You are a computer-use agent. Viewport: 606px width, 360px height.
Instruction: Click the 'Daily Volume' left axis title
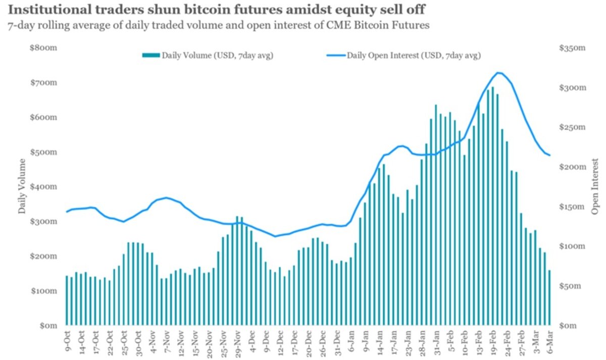click(22, 186)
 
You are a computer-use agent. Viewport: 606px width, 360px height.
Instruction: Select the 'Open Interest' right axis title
click(595, 186)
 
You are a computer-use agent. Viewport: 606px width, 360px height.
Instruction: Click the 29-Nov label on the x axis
click(237, 342)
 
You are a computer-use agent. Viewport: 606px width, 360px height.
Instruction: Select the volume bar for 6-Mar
click(549, 297)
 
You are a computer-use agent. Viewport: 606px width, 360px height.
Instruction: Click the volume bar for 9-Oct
click(67, 300)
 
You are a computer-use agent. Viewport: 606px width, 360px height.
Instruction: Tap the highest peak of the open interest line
click(498, 73)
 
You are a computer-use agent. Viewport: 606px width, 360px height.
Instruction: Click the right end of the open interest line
click(549, 155)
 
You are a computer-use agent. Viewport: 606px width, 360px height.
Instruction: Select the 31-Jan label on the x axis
click(436, 342)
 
